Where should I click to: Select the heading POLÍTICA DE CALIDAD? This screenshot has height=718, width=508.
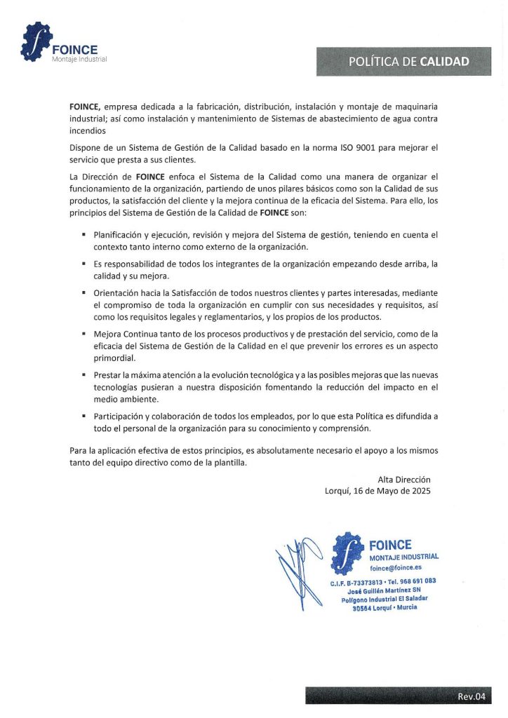(x=409, y=62)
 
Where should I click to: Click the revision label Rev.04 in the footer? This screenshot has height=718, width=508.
(x=471, y=696)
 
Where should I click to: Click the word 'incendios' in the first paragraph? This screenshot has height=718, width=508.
(x=88, y=130)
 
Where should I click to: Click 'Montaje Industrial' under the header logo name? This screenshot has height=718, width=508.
(x=79, y=59)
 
